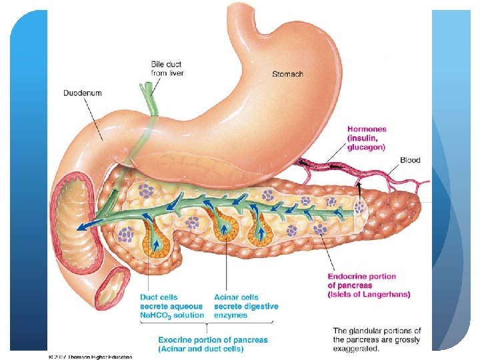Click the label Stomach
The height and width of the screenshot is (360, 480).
[287, 73]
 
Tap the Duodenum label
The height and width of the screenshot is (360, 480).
[83, 93]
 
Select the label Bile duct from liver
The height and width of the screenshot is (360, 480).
[167, 68]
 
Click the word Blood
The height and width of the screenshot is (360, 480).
[410, 160]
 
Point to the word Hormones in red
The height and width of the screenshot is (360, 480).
[366, 128]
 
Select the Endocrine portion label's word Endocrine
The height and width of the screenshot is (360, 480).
[351, 276]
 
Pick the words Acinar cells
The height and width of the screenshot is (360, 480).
[237, 297]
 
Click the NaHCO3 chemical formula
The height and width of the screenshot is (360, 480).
[155, 315]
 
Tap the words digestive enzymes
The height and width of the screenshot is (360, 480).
[246, 311]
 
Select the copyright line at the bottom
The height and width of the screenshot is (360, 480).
[90, 357]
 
